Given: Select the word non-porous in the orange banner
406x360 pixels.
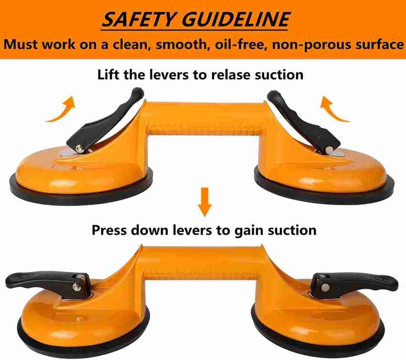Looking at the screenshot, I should (311, 45).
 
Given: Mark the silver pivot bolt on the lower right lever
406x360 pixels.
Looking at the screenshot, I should (325, 286).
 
